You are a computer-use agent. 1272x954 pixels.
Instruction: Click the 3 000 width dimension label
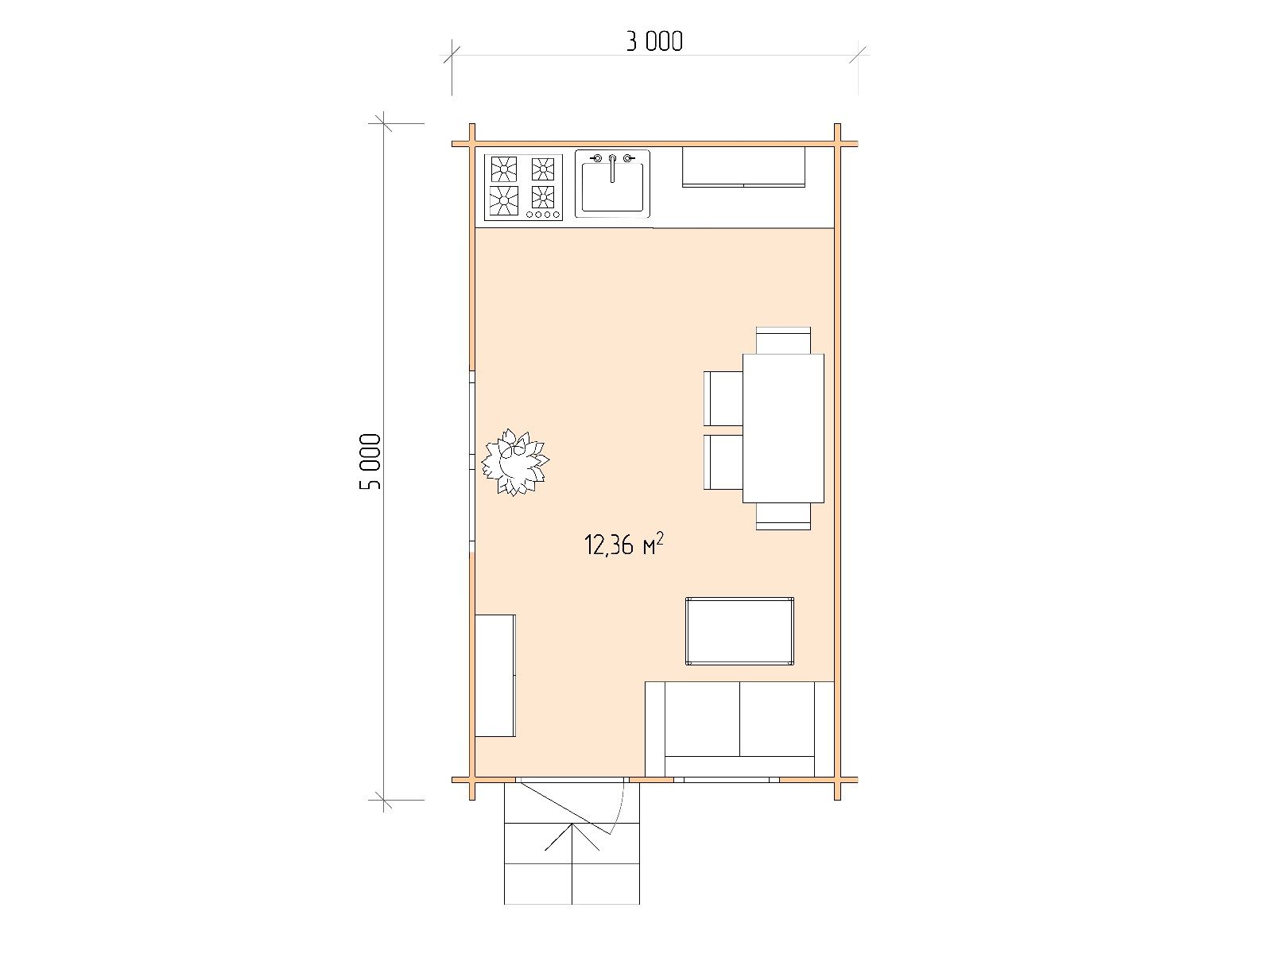pos(654,41)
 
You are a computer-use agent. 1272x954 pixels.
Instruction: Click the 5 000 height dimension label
pos(371,461)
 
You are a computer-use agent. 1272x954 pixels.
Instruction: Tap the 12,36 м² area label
pos(623,545)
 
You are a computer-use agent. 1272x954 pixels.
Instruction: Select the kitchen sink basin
pos(612,187)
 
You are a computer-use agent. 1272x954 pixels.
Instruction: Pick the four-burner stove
pos(523,188)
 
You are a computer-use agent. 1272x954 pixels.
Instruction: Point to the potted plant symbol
pos(514,462)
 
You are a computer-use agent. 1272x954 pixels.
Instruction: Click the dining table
pos(784,428)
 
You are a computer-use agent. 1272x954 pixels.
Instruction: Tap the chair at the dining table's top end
pos(784,340)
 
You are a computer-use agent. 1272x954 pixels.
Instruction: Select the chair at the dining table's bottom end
pos(784,516)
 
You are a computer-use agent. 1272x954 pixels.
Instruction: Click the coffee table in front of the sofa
pos(739,630)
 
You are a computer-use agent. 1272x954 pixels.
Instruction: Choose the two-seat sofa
pos(739,729)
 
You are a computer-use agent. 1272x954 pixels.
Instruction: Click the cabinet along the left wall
pos(495,676)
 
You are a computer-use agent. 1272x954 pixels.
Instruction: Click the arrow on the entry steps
pos(572,837)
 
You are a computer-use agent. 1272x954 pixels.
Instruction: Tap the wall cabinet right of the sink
pos(743,167)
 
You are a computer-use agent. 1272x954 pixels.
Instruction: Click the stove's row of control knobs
pos(543,215)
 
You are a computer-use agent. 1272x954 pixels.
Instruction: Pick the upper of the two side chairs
pos(723,398)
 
